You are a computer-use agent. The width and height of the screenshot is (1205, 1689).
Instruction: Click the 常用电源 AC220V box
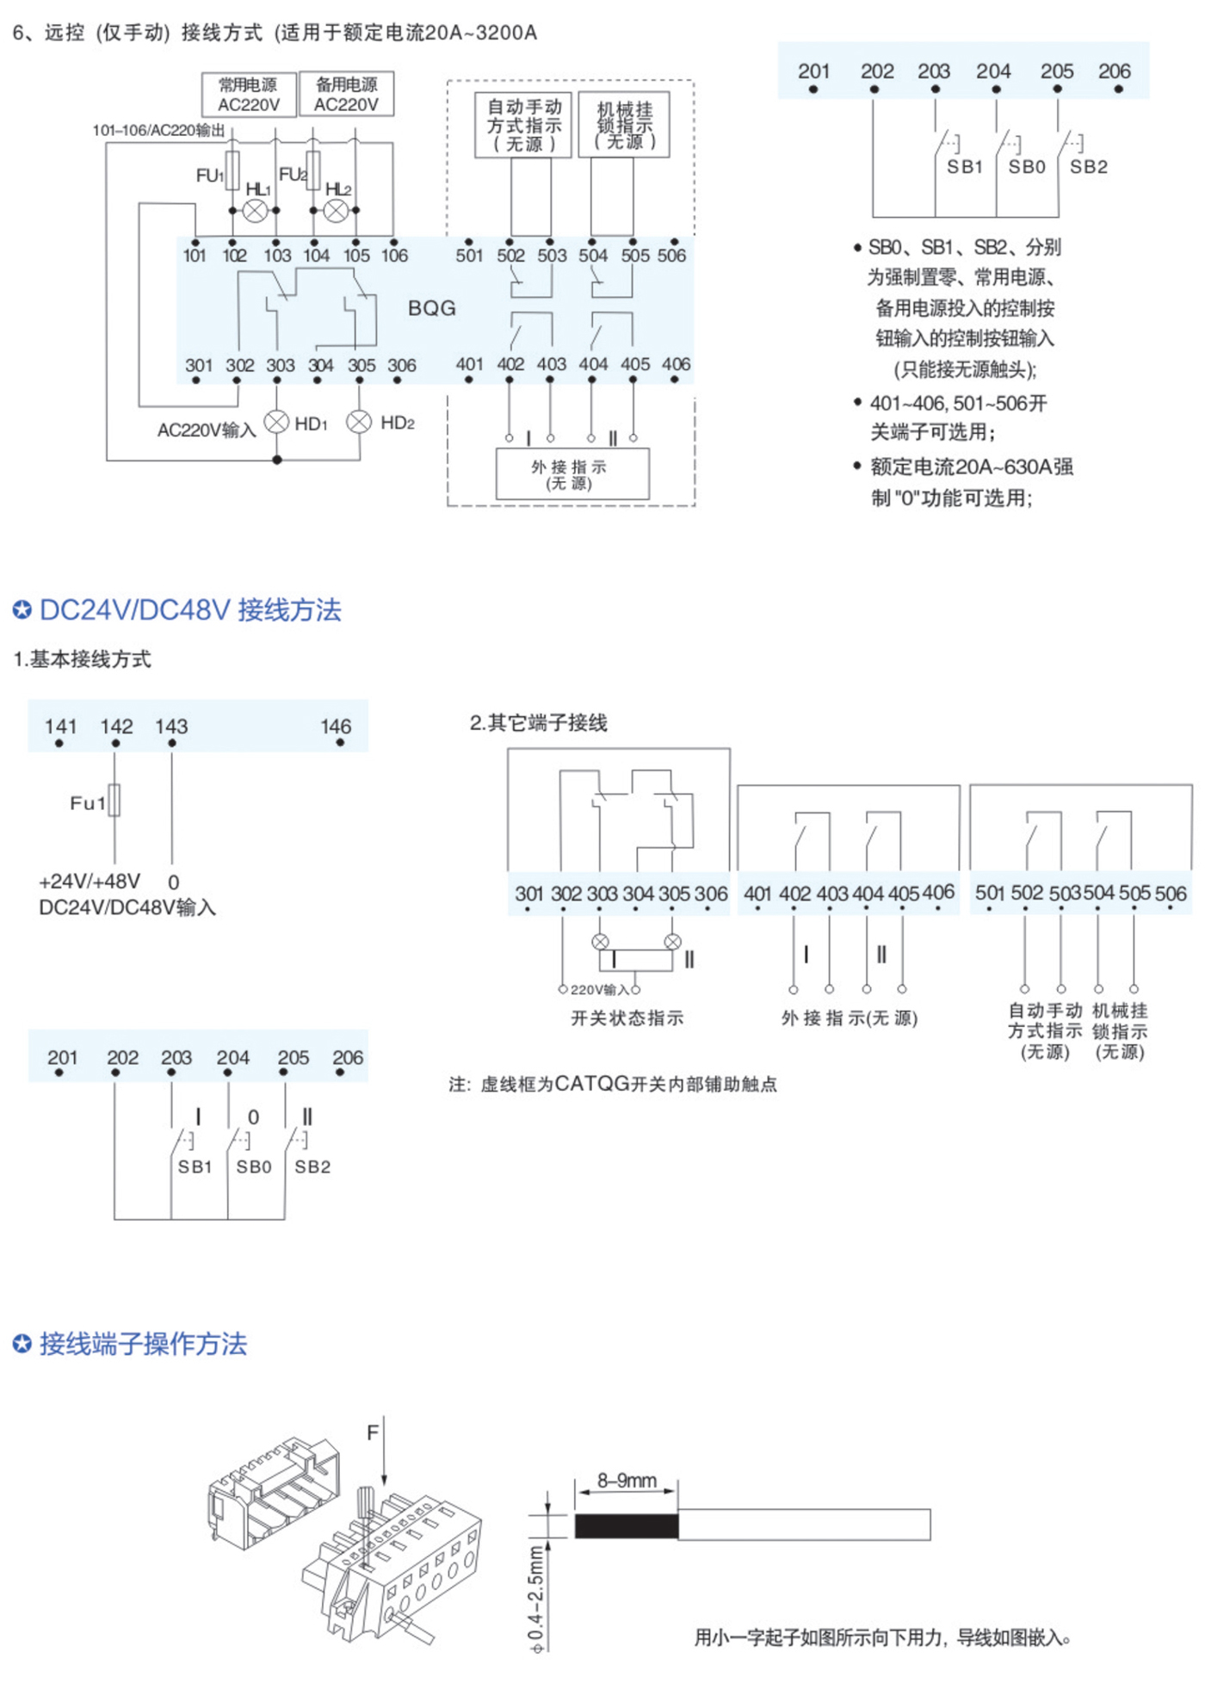tap(249, 94)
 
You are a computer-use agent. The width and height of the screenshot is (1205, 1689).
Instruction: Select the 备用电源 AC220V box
tap(346, 94)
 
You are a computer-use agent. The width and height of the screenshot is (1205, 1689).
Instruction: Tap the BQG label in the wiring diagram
tap(431, 308)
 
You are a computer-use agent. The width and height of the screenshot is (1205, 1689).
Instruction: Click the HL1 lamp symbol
tap(255, 210)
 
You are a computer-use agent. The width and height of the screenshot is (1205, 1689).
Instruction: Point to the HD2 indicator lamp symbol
tap(359, 422)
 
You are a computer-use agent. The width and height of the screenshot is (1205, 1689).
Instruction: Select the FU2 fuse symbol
tap(313, 171)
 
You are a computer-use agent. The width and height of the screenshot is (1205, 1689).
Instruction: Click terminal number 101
tap(195, 256)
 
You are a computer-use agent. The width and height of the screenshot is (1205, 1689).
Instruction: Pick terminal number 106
tap(394, 256)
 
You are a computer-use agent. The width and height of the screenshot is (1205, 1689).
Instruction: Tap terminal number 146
tap(336, 727)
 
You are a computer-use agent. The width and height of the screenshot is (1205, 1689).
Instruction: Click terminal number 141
tap(60, 727)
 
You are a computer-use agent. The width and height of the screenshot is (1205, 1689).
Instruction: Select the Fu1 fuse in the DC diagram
tap(114, 801)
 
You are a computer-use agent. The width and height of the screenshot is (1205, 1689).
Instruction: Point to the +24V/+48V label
tap(90, 882)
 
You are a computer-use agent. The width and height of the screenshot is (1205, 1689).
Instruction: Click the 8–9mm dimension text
tap(627, 1481)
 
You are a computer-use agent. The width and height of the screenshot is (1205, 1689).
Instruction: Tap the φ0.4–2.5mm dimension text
tap(536, 1598)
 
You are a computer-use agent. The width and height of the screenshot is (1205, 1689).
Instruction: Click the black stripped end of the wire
tap(626, 1525)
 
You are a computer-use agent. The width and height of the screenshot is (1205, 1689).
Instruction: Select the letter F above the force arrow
tap(373, 1432)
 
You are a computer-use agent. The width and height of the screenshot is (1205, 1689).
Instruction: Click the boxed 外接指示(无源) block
tap(572, 473)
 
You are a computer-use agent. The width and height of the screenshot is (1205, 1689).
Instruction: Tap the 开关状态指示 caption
tap(627, 1018)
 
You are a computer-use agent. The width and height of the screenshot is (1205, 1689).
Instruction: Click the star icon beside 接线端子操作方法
tap(22, 1344)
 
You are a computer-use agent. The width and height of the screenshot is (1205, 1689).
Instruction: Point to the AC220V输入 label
tap(207, 430)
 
